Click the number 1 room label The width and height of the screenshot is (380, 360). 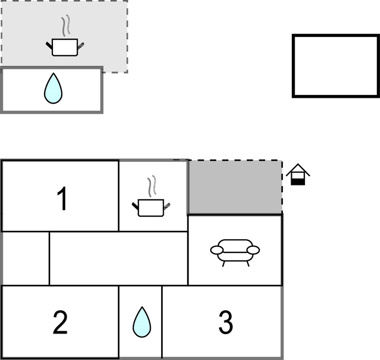tap(63, 199)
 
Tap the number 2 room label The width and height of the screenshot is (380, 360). tap(60, 322)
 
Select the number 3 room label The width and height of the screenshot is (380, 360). tap(225, 322)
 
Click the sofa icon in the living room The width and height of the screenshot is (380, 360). tap(235, 251)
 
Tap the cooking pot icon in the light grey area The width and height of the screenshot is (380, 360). tap(65, 46)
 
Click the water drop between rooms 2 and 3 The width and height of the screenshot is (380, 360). tap(141, 322)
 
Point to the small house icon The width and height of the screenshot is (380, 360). tap(298, 174)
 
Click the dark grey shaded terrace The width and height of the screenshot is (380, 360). tap(235, 187)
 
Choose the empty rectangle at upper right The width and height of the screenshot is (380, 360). tap(335, 66)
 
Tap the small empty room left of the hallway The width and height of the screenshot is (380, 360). tap(25, 258)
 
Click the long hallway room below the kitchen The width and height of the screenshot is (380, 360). tap(118, 258)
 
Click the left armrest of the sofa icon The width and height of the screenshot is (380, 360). tap(216, 250)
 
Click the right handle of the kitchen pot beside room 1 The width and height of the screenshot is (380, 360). tap(167, 206)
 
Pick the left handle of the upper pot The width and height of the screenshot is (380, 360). tap(49, 44)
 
